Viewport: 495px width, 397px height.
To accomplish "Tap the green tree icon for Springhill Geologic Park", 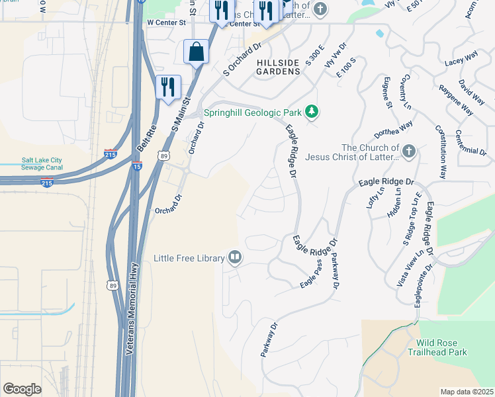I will click(x=311, y=112).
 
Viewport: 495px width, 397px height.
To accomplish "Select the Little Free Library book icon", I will click(x=234, y=257).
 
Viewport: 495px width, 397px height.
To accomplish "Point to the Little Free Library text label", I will click(x=189, y=258).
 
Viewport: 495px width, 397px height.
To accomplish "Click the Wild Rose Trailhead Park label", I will click(x=442, y=347).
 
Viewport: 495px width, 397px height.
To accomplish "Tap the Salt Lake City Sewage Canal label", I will click(x=42, y=163).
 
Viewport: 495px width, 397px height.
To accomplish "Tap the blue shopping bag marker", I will click(x=197, y=52).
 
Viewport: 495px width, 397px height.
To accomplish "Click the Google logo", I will click(x=22, y=388).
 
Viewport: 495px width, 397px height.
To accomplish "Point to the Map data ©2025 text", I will click(x=467, y=392).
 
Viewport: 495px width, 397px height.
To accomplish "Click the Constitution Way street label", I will click(x=440, y=152).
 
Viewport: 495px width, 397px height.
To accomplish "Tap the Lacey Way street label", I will click(x=461, y=59).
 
